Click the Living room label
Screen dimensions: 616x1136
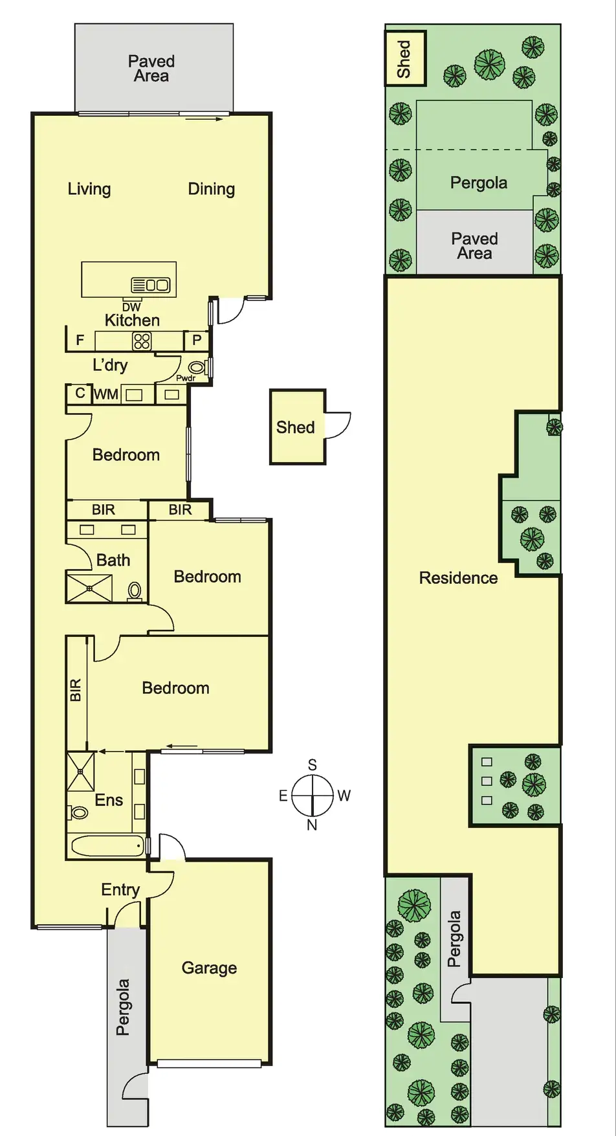tap(89, 189)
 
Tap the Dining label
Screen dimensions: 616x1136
tap(211, 189)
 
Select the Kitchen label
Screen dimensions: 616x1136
tap(132, 320)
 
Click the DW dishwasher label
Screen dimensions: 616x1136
tap(131, 307)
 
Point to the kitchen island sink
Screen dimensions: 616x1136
tap(151, 285)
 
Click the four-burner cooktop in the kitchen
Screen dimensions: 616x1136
tap(142, 340)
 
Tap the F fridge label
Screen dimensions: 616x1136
tap(80, 340)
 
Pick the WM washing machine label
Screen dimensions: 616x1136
tap(106, 394)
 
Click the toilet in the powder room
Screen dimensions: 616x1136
tap(197, 368)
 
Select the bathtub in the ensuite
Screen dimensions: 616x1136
tap(107, 845)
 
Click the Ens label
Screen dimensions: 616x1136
tap(109, 800)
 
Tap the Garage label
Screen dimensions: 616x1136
tap(209, 968)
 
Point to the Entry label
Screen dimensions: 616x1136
tap(120, 890)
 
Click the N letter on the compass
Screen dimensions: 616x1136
tap(312, 825)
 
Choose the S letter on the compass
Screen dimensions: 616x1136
tap(312, 765)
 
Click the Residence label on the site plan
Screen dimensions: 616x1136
tap(458, 578)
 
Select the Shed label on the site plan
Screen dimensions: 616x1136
tap(404, 59)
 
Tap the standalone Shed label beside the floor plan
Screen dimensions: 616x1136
tap(295, 427)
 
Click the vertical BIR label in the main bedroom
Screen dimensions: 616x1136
tap(76, 690)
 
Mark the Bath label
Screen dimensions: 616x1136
tap(113, 561)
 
